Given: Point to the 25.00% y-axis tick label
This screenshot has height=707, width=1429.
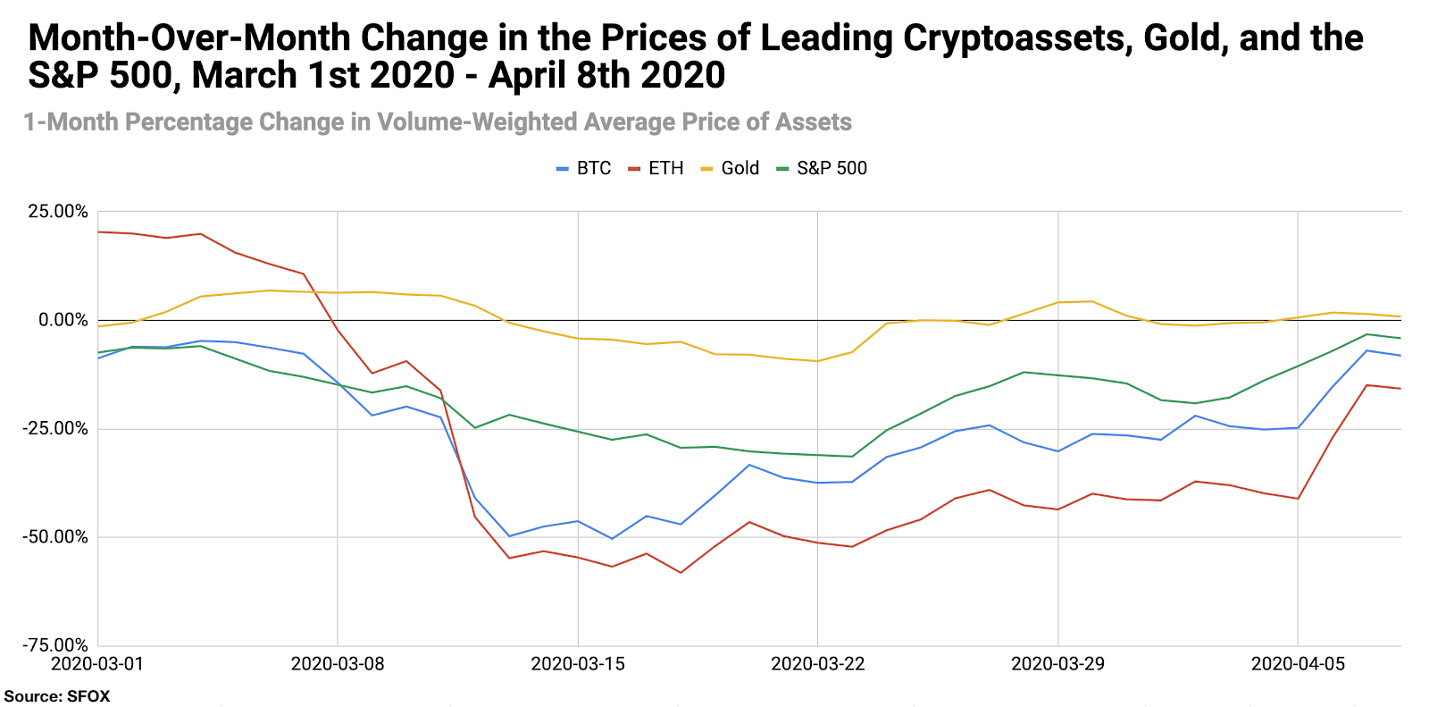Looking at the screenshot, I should (x=58, y=212).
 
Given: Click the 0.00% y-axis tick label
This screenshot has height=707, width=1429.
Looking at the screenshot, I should (x=63, y=320).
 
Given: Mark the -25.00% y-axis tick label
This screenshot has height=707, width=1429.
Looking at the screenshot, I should (x=55, y=429).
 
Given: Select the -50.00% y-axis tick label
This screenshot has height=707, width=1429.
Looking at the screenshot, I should (x=55, y=537).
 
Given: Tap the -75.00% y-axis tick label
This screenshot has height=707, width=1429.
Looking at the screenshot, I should (x=55, y=645).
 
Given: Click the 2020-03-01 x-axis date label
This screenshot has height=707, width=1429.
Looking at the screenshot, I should (x=97, y=663).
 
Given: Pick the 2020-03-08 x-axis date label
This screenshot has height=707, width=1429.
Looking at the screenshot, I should (x=338, y=663).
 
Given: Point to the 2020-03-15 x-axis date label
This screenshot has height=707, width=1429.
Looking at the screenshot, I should (x=578, y=663).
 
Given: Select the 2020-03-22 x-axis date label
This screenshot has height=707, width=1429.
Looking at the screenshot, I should (x=818, y=663).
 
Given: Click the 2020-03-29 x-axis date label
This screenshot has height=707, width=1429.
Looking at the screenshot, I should (x=1057, y=663).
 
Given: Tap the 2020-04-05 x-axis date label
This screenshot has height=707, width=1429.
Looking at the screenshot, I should (x=1298, y=663).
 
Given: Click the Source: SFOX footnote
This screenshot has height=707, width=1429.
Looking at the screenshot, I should (x=57, y=696).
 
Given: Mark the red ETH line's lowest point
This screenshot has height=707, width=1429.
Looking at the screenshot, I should (x=681, y=573).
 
